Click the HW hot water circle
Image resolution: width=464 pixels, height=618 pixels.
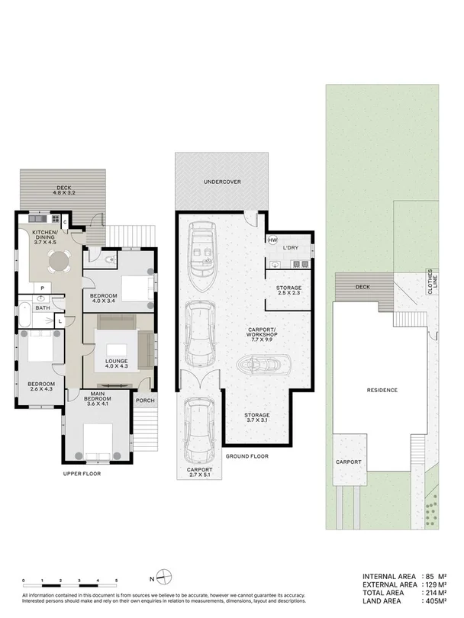tap(272, 241)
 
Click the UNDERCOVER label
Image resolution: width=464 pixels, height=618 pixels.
tap(222, 182)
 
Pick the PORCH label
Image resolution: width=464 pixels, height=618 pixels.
tap(144, 399)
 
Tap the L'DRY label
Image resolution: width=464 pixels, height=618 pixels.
tap(290, 249)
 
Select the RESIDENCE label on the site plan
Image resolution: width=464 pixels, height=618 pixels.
tap(382, 390)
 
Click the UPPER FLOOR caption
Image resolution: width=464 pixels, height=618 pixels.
tap(82, 473)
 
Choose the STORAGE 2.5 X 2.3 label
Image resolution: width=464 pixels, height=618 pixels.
tap(288, 290)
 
